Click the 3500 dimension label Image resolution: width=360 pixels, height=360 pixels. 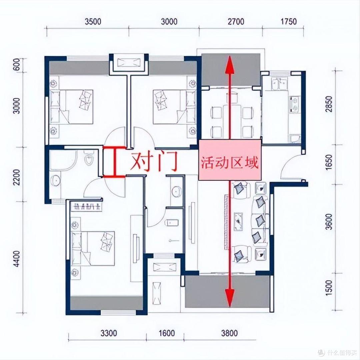tap(93, 22)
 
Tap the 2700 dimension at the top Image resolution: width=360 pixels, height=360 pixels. tap(236, 22)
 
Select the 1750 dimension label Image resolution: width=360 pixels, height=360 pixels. tap(289, 22)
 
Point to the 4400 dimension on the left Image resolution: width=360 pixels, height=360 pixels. tap(17, 259)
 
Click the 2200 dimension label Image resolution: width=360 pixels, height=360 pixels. tap(17, 177)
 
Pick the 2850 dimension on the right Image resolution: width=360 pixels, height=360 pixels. tap(329, 104)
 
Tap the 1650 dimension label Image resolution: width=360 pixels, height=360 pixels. tap(329, 162)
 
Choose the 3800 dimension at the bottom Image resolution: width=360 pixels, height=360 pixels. tap(229, 333)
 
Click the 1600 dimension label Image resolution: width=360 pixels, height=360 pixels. tap(167, 333)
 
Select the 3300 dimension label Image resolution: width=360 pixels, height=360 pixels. tap(109, 333)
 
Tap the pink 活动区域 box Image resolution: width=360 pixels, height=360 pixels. tap(230, 160)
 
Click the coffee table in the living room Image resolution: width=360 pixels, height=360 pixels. tap(238, 221)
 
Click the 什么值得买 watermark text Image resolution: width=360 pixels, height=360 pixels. tap(342, 352)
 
